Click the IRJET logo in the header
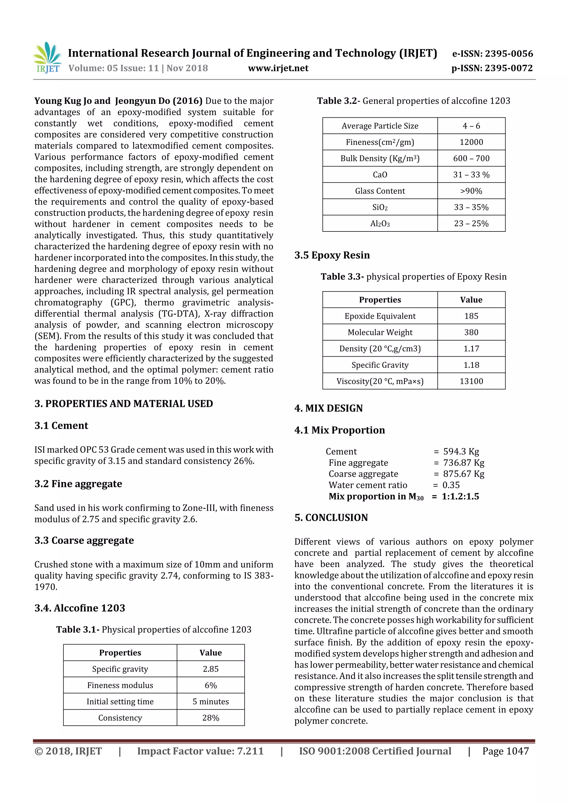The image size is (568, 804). coord(47,57)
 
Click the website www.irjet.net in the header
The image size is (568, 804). coord(278,68)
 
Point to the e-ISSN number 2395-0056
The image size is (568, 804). coord(509,54)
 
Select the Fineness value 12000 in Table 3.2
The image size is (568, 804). coord(471,142)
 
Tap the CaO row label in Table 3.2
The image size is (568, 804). coord(380,175)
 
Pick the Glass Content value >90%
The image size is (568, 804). coord(471,191)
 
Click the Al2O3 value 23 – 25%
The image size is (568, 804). coord(471,224)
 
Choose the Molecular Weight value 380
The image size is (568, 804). coord(471,332)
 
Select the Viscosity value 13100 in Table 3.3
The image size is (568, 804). coord(471,381)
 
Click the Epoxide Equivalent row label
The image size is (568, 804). coord(380,316)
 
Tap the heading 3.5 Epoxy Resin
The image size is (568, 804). coord(332,255)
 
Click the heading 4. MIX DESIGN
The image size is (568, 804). coord(328,408)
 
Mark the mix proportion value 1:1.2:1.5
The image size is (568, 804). coord(460,496)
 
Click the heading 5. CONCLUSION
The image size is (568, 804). coord(331,518)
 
